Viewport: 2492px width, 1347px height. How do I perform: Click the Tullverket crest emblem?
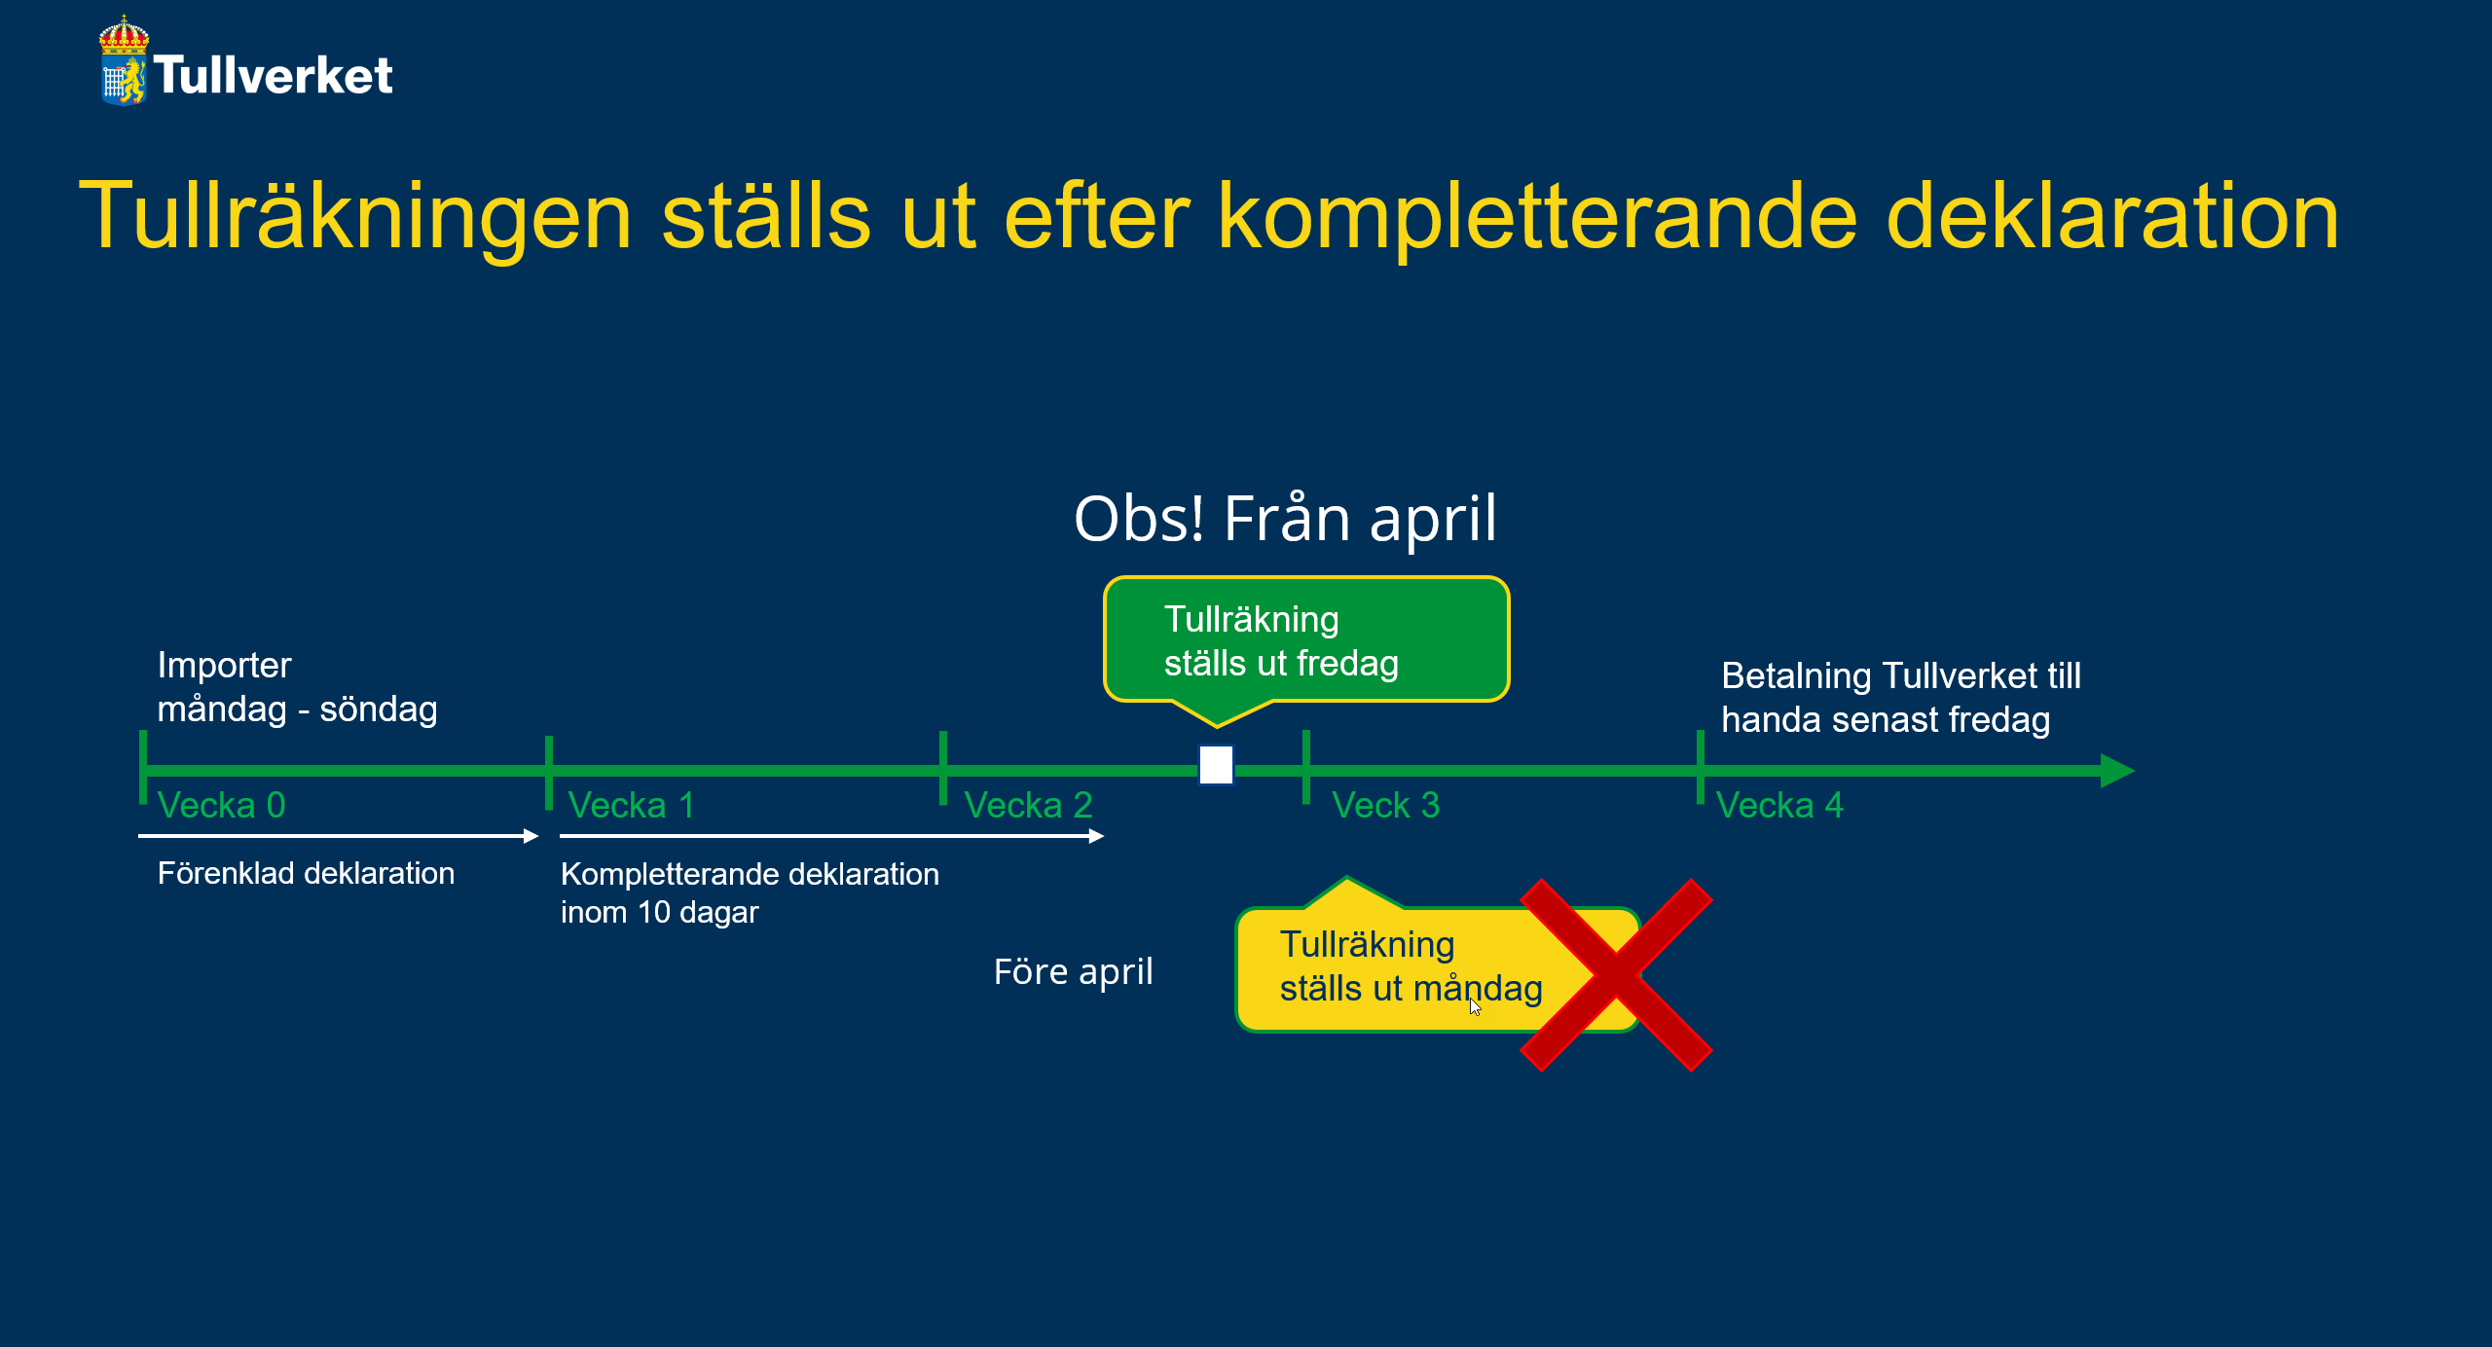click(124, 60)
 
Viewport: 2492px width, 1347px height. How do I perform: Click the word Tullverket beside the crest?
click(274, 75)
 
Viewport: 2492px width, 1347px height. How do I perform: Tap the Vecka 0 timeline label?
click(221, 805)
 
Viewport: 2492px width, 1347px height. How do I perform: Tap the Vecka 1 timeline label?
click(631, 805)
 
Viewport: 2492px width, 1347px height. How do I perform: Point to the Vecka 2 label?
click(1028, 805)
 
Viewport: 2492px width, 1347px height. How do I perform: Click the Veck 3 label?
click(1385, 805)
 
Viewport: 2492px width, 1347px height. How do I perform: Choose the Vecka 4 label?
click(1779, 805)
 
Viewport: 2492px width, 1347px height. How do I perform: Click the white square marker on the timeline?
click(1216, 765)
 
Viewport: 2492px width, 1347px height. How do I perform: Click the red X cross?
click(1616, 974)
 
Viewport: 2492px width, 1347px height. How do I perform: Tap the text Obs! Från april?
click(1285, 518)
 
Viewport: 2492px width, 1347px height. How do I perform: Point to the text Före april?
click(1073, 972)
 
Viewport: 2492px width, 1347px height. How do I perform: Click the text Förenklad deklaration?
click(306, 873)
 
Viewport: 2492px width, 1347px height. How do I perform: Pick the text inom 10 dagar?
click(659, 912)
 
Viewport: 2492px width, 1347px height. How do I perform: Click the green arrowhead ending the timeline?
click(2117, 771)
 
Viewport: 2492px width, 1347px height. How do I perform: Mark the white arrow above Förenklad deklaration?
click(338, 836)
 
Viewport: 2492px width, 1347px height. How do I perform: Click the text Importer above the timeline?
click(224, 666)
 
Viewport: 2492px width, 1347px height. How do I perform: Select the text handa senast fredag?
click(1886, 720)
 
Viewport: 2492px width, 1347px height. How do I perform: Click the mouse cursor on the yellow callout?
click(1475, 1006)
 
